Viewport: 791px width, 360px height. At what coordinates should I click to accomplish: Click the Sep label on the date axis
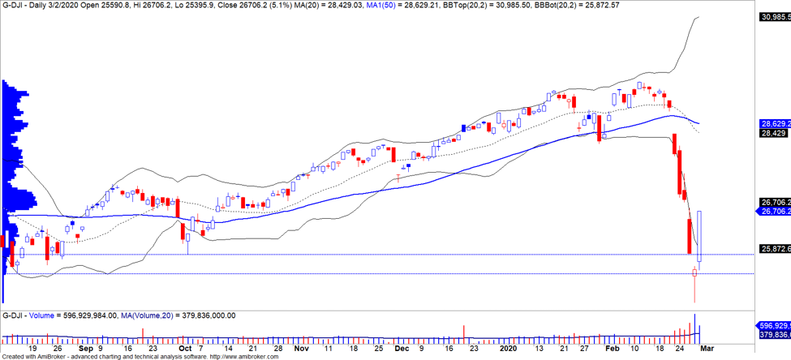click(85, 349)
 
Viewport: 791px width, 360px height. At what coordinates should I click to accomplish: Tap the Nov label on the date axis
click(301, 349)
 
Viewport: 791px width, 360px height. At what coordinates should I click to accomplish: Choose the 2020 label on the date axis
click(509, 349)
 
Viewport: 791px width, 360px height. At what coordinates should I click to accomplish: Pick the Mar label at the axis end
click(707, 349)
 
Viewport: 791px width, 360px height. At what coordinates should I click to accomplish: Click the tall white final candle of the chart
click(699, 235)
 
